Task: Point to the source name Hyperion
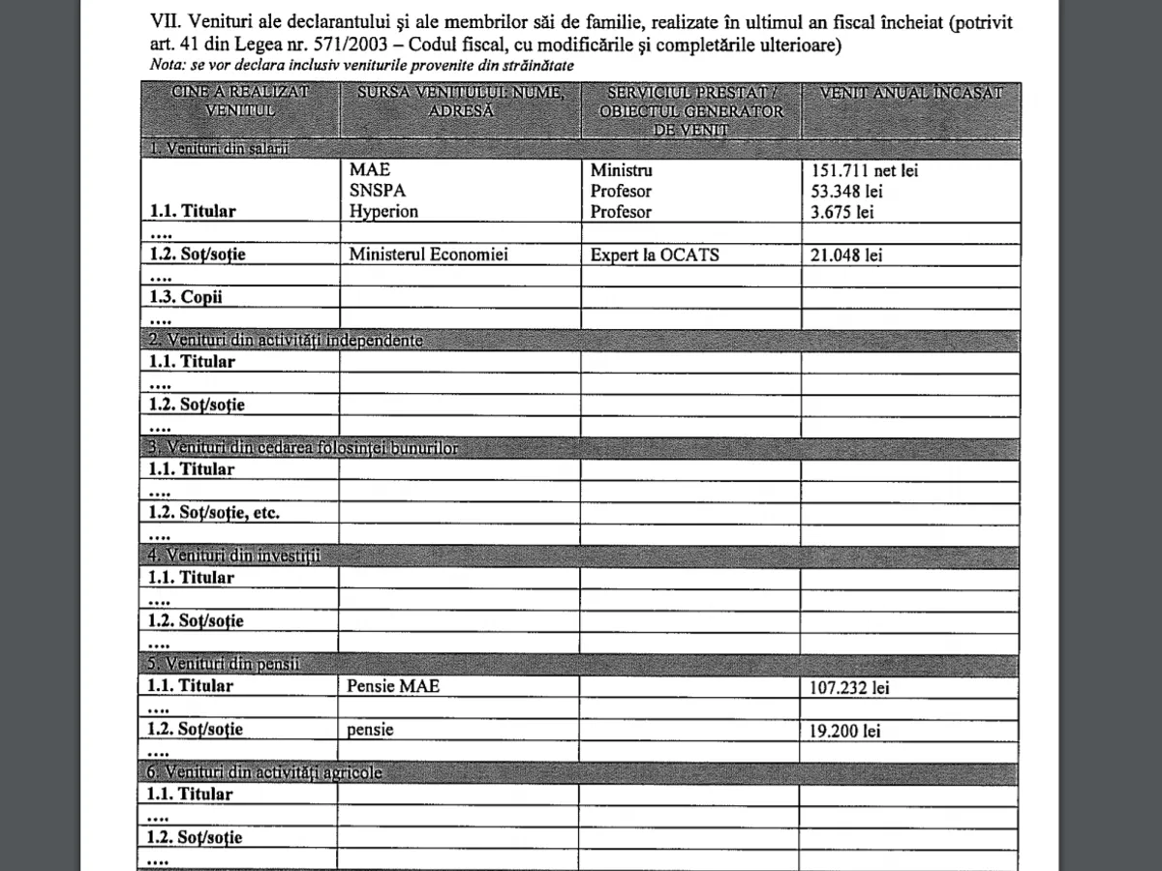[x=384, y=212]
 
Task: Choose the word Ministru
[x=622, y=170]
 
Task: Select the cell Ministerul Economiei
[x=429, y=255]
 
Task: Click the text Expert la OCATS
[x=655, y=255]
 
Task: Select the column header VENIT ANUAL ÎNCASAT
[x=910, y=94]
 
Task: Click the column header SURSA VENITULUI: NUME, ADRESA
[x=459, y=102]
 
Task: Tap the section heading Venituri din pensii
[x=224, y=665]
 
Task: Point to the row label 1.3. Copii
[x=185, y=297]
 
